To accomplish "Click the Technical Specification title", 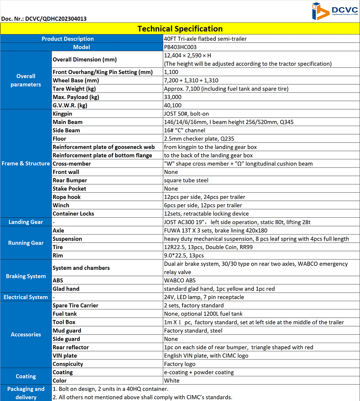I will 180,29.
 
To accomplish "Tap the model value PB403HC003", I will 180,47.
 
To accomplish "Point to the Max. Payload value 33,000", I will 173,97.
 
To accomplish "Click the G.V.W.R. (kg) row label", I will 71,105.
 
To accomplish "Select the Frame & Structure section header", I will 26,164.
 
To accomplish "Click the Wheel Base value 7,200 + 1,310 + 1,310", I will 191,80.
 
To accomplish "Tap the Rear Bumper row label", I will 70,181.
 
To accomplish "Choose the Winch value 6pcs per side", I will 203,205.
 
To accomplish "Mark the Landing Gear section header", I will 26,222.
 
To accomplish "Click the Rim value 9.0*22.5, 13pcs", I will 184,255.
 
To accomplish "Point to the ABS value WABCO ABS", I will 180,280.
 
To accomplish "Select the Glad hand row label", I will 66,289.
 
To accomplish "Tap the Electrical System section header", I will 26,297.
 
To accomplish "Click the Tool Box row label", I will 64,322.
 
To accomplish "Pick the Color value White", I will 172,381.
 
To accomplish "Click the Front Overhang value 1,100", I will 171,72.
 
